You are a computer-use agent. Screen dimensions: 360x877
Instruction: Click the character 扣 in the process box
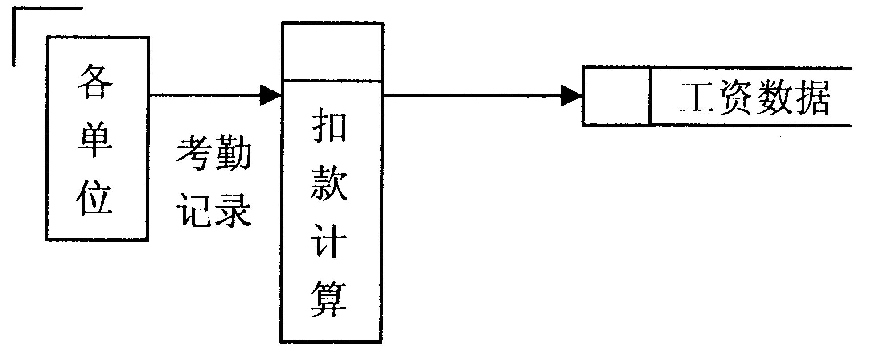(x=330, y=126)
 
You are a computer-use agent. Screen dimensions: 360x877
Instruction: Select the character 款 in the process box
(x=330, y=185)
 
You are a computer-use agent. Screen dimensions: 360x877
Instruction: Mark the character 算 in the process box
(x=330, y=300)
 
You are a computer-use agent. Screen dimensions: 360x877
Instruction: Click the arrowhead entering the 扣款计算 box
(x=270, y=95)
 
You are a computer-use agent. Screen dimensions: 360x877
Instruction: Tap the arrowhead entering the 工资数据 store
(x=571, y=95)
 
